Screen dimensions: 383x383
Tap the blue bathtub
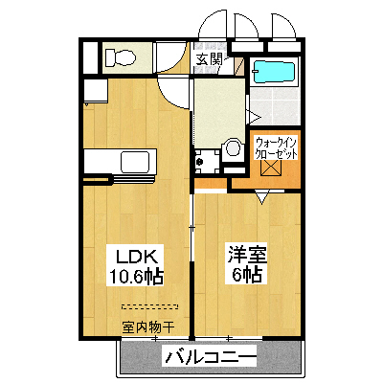[275, 71]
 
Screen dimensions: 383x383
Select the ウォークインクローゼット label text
[275, 148]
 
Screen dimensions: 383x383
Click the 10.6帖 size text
[139, 277]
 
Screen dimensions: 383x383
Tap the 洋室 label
[245, 256]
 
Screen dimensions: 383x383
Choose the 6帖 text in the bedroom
[245, 276]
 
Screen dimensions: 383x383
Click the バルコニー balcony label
[211, 358]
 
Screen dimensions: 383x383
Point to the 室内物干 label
[147, 327]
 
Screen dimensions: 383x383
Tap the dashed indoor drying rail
[151, 306]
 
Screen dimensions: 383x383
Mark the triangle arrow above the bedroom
[261, 199]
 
